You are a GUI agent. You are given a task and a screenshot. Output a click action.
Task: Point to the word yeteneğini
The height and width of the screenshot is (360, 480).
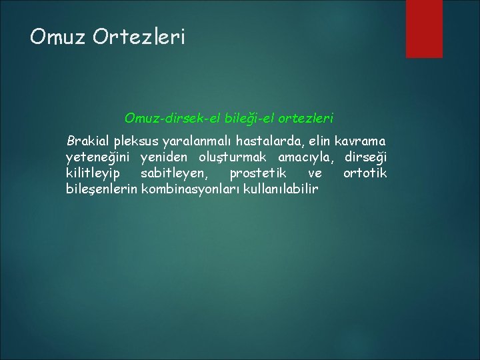point(97,158)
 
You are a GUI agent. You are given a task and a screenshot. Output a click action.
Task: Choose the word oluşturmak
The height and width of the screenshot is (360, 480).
point(230,158)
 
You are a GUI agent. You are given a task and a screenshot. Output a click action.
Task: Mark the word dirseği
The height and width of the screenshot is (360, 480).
point(365,158)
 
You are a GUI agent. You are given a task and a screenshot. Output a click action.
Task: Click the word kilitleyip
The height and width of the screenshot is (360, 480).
point(93,174)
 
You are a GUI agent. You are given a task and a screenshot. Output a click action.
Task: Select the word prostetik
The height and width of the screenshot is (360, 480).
point(257,173)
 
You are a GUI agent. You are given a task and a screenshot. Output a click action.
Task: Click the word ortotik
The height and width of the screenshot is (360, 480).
point(365,173)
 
